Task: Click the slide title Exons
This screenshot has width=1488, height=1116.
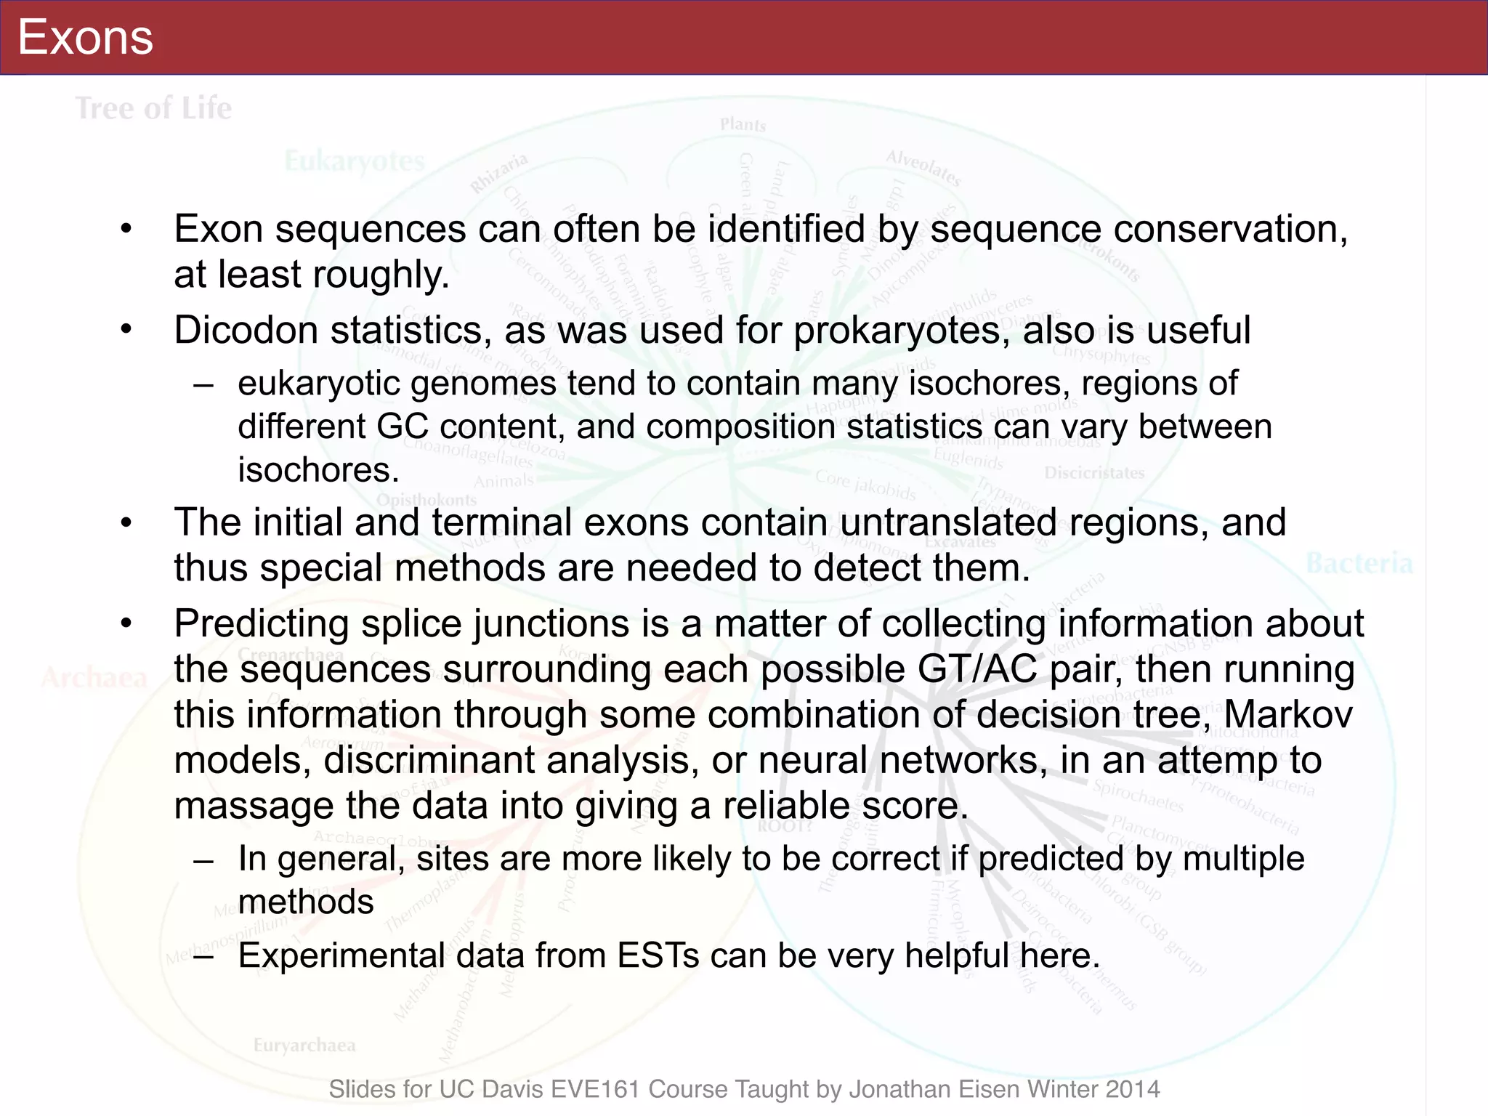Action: tap(85, 37)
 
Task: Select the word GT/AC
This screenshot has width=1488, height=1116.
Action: tap(977, 669)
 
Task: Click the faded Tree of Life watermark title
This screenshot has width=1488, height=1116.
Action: tap(154, 108)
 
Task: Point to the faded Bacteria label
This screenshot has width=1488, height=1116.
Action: tap(1359, 563)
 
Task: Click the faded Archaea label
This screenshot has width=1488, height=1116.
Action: tap(94, 678)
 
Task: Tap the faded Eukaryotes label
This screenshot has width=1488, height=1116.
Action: tap(355, 161)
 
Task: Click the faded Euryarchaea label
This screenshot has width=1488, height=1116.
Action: tap(304, 1045)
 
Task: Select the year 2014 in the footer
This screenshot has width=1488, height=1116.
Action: tap(1133, 1089)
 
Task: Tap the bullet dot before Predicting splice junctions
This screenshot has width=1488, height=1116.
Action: tap(127, 623)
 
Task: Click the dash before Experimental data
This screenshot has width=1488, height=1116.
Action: tap(204, 956)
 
